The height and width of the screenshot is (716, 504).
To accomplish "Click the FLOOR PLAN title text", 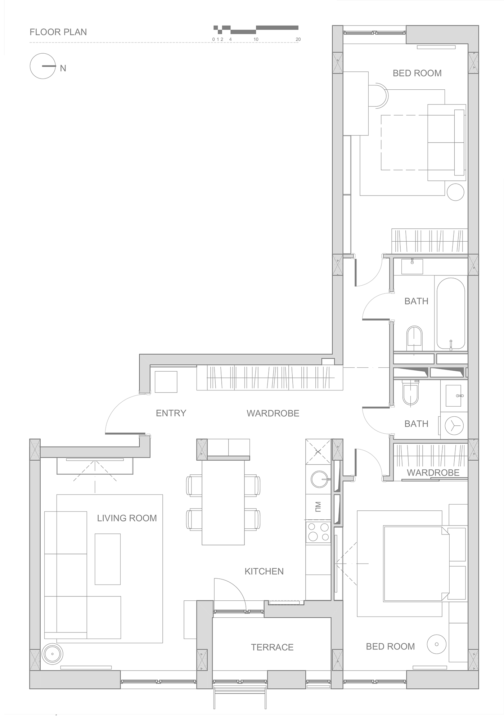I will pyautogui.click(x=58, y=32).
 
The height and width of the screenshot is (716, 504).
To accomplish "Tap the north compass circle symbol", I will pyautogui.click(x=43, y=66).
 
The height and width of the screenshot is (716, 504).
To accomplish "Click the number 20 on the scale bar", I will pyautogui.click(x=298, y=39).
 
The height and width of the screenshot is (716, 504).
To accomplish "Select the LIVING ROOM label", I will pyautogui.click(x=127, y=518).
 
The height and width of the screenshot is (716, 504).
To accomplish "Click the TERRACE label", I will pyautogui.click(x=272, y=647).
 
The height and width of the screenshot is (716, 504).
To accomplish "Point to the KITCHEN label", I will pyautogui.click(x=264, y=571).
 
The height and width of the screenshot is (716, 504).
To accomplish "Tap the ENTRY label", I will pyautogui.click(x=171, y=413).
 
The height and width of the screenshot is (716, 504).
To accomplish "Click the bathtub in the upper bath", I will pyautogui.click(x=451, y=313).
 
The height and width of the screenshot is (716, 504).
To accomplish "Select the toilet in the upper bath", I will pyautogui.click(x=414, y=338).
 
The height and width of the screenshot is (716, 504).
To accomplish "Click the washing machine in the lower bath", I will pyautogui.click(x=454, y=425).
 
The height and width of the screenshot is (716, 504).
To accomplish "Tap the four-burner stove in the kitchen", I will pyautogui.click(x=318, y=532).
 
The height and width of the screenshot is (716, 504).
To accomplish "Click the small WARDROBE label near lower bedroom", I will pyautogui.click(x=433, y=473).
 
